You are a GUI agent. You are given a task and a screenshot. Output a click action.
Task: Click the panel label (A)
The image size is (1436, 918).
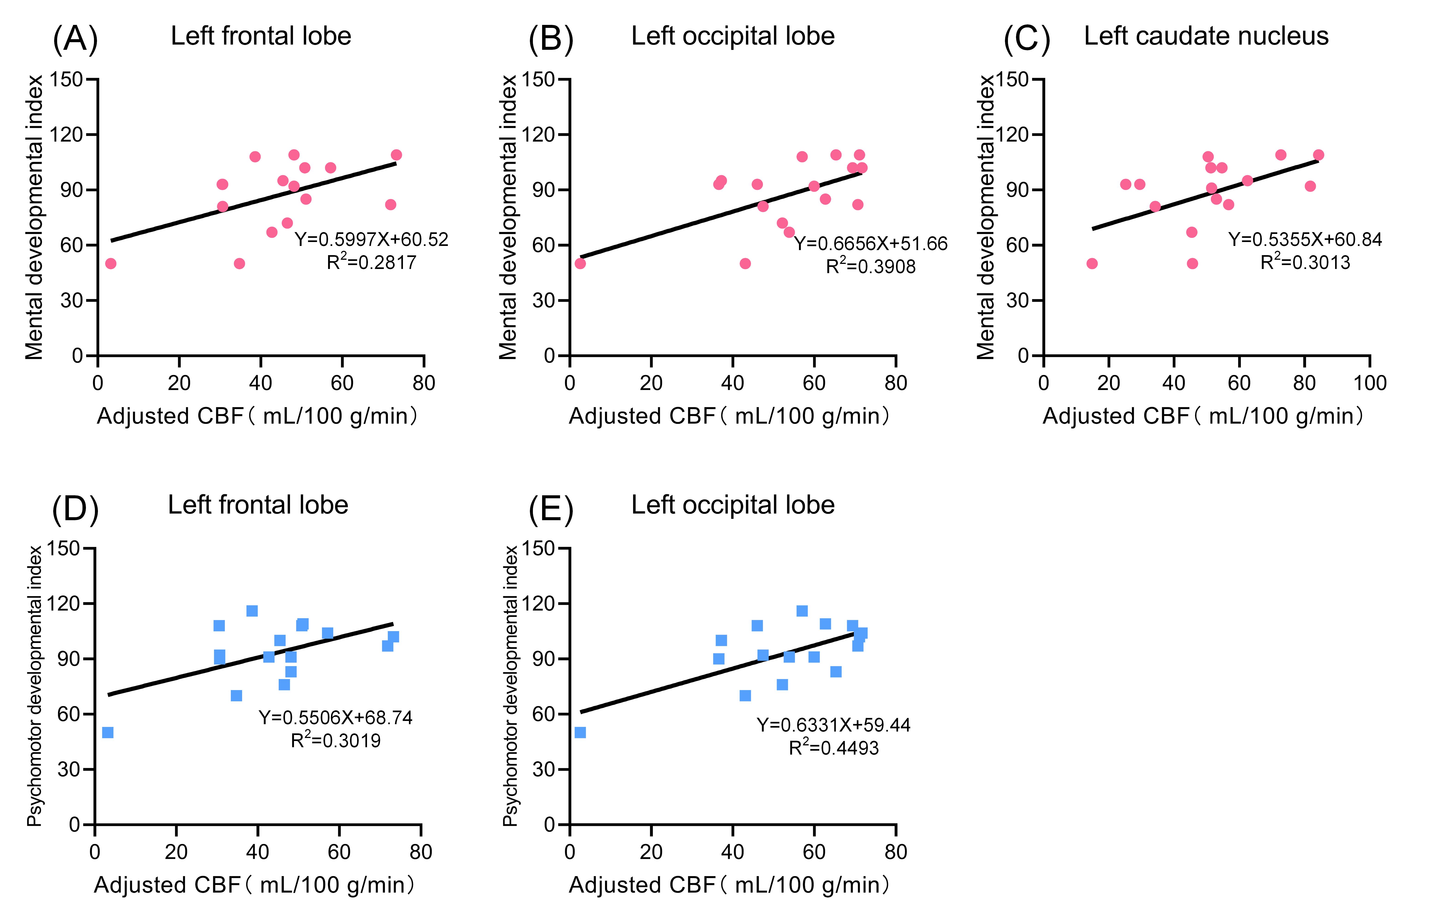point(75,39)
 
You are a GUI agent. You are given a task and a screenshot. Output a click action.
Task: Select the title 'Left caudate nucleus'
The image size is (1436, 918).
point(1206,36)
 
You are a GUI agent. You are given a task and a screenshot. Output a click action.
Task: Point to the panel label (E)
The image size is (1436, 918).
point(551,509)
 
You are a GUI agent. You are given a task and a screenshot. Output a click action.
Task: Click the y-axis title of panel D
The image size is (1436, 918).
point(35,686)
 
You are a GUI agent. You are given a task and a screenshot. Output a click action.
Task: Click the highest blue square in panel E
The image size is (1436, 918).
point(802,611)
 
